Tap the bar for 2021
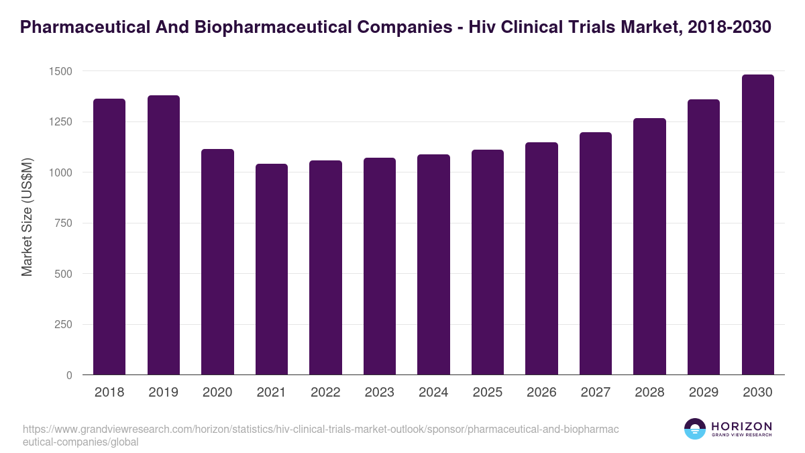(x=272, y=269)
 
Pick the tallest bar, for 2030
(x=757, y=225)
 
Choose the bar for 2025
(x=488, y=262)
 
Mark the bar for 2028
(x=649, y=246)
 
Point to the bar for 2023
(x=380, y=266)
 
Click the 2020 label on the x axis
(x=217, y=393)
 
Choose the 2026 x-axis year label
(x=541, y=393)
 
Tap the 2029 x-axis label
(x=703, y=393)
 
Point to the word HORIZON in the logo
(x=741, y=426)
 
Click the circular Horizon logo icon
(x=695, y=429)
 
